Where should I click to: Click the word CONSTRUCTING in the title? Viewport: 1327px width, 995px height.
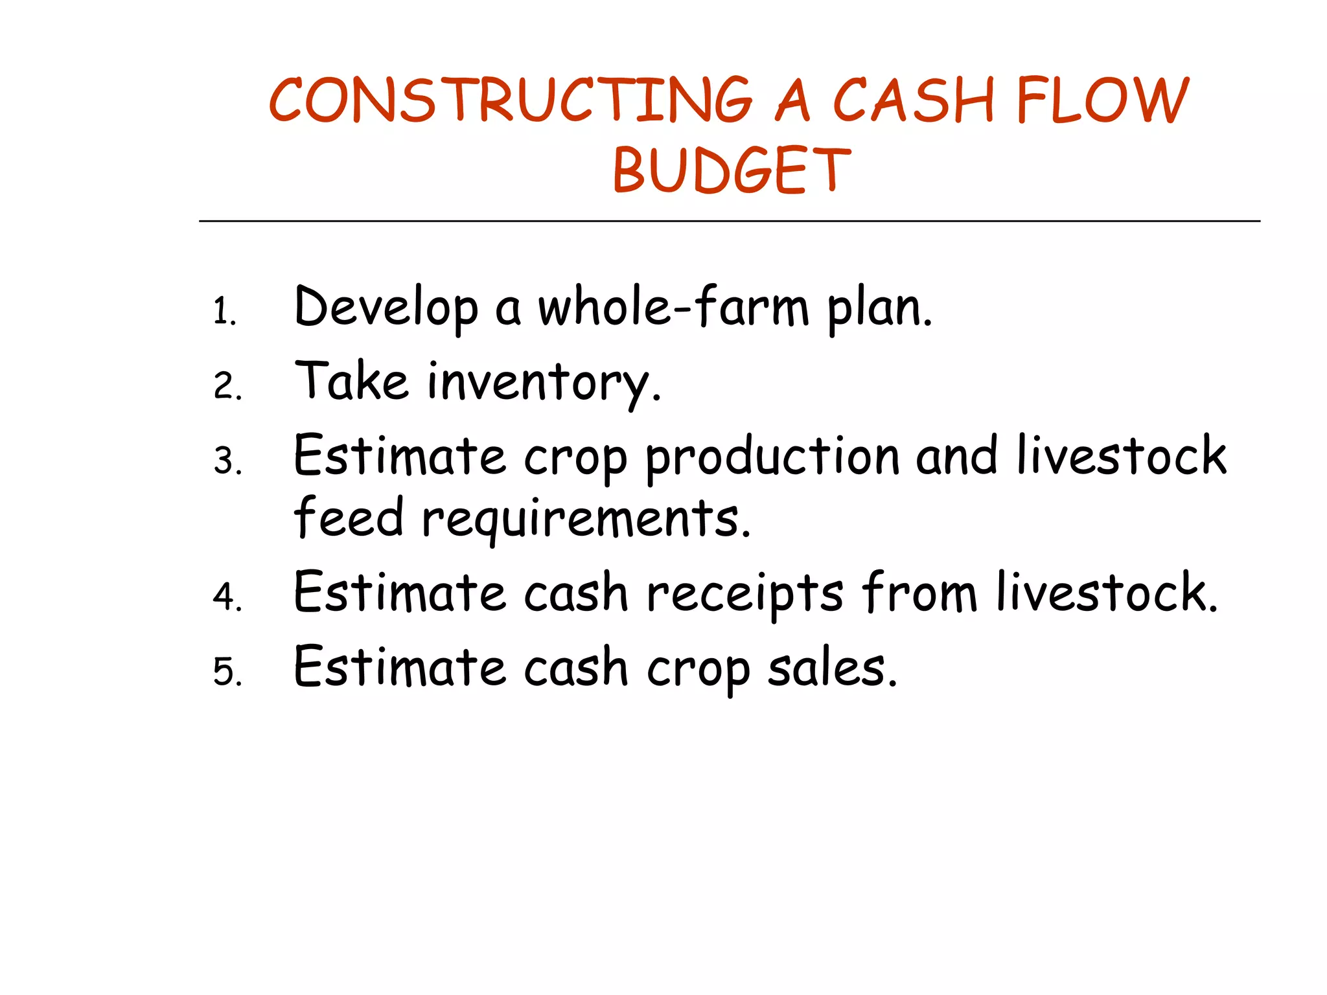pos(511,100)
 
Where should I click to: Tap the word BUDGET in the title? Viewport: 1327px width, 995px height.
pos(732,170)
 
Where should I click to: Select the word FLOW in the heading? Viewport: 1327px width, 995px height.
pos(1102,100)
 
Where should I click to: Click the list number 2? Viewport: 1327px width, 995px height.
pos(226,386)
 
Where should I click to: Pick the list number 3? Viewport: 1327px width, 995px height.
pos(227,461)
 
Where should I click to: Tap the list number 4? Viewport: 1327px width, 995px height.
pos(227,597)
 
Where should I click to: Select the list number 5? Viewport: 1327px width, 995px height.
pos(227,671)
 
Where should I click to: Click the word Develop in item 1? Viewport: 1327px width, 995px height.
pos(386,308)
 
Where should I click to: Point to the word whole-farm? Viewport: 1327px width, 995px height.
pos(674,307)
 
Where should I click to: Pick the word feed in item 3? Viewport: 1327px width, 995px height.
pos(349,518)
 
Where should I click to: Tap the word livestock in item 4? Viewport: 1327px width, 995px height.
pos(1107,592)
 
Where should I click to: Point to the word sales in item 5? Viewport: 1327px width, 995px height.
pos(832,668)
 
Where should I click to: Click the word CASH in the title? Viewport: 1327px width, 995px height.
pos(913,100)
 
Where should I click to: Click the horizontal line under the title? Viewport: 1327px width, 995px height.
pos(730,222)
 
